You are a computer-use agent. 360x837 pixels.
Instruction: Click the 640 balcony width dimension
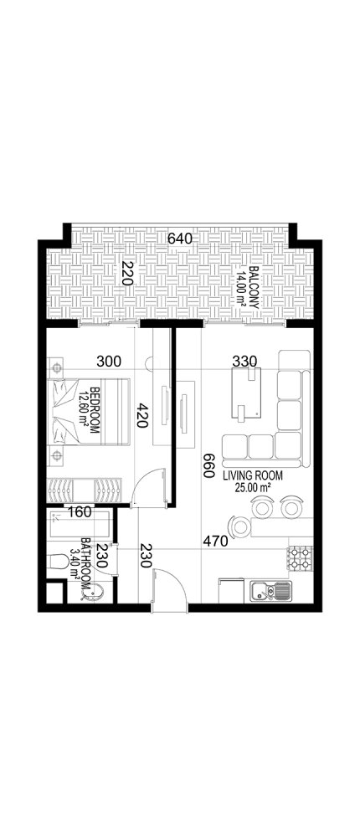pos(180,239)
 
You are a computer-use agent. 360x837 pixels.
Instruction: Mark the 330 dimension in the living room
pos(244,362)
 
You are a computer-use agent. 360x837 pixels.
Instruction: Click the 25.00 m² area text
pos(253,486)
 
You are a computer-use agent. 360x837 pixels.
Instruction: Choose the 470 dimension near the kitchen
pos(215,542)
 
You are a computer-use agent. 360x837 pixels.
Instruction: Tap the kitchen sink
pos(273,592)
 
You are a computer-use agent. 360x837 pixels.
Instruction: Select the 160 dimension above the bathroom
pos(79,511)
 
